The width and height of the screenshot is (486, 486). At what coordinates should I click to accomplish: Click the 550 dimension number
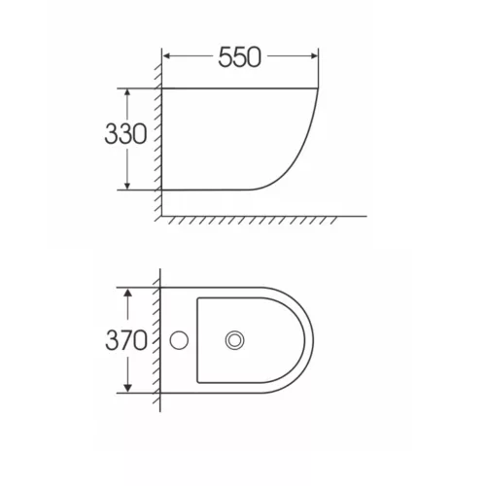tap(239, 57)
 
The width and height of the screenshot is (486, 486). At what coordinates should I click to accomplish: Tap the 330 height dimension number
tap(125, 134)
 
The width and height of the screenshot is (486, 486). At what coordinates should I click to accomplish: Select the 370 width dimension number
tap(126, 340)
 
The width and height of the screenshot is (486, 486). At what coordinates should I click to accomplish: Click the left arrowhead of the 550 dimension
tap(166, 56)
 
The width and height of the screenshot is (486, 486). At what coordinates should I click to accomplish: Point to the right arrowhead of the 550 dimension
tap(314, 56)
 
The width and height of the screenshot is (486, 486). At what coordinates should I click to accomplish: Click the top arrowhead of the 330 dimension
tap(127, 92)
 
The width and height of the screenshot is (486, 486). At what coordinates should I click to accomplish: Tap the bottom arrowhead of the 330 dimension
tap(127, 186)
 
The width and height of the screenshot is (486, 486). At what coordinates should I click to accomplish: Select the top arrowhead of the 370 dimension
tap(128, 293)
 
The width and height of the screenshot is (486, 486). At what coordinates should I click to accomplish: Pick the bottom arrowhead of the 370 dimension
tap(128, 388)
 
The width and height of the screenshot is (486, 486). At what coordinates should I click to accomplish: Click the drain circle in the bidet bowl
tap(235, 340)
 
